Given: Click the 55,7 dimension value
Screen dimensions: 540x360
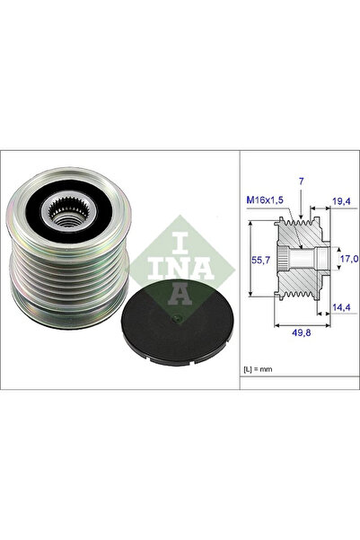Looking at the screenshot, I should pyautogui.click(x=259, y=260).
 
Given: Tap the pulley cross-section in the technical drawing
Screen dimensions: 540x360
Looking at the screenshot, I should pyautogui.click(x=300, y=261).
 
